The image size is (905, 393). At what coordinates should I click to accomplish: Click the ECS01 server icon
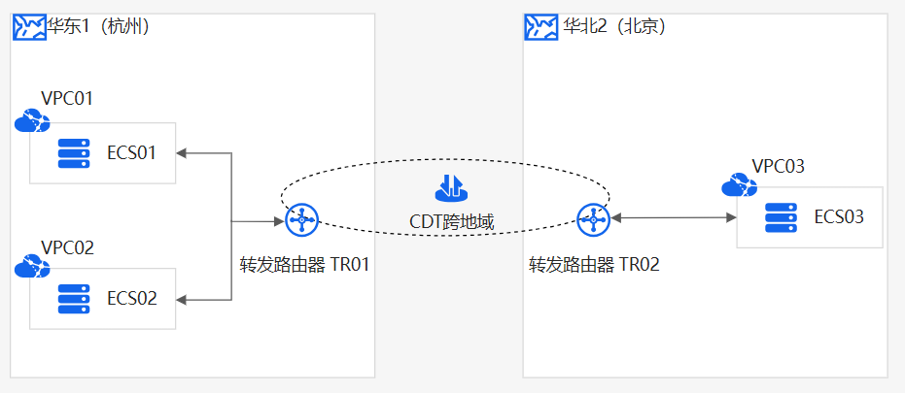click(73, 153)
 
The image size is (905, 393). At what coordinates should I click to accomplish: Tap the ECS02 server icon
click(73, 299)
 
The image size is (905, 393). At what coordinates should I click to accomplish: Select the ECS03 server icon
click(781, 216)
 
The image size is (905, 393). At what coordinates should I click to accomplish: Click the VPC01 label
click(67, 98)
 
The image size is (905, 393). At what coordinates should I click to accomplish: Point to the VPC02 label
click(67, 246)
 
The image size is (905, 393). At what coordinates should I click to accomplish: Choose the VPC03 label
click(778, 167)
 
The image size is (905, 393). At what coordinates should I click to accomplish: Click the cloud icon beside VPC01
click(32, 121)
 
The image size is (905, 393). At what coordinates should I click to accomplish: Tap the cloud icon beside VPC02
click(32, 266)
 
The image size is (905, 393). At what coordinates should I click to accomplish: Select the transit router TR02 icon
click(592, 220)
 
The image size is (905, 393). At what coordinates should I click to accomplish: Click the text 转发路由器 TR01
click(305, 264)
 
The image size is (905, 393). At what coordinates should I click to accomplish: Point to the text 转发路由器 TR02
click(594, 264)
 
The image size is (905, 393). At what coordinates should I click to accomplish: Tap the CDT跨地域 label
click(451, 222)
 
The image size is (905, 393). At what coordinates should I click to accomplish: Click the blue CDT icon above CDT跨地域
click(451, 186)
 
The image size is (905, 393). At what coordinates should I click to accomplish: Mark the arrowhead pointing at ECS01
click(183, 153)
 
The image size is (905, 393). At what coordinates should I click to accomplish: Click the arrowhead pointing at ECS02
click(183, 300)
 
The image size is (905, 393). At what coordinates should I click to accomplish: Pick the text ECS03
click(839, 216)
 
